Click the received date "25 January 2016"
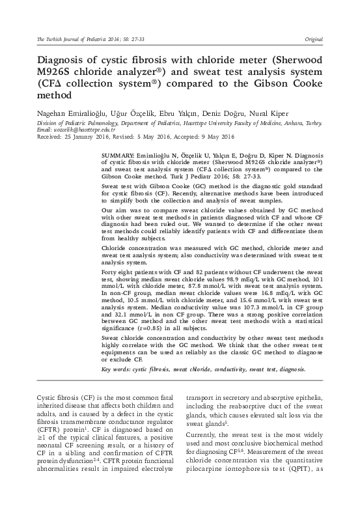click(x=71, y=138)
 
